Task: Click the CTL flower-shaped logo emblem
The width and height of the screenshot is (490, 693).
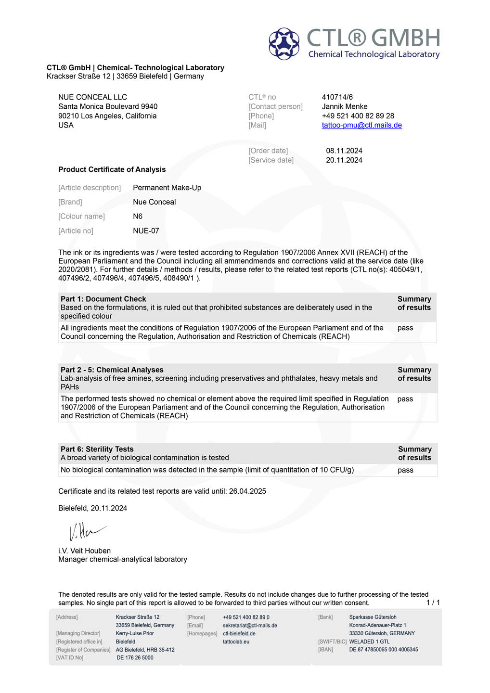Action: (x=284, y=43)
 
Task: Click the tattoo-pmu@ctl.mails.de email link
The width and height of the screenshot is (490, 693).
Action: (x=361, y=125)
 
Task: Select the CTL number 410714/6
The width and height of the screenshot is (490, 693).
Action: (x=337, y=97)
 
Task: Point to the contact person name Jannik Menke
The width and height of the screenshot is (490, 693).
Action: (x=344, y=106)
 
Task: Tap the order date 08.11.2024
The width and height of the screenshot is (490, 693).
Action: (x=344, y=151)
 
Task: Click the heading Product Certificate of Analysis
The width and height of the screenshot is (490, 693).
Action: (x=112, y=169)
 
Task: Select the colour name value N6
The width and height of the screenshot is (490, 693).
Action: (x=138, y=217)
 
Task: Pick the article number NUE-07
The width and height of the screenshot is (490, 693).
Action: (x=146, y=231)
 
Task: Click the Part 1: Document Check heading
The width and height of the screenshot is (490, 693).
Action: (x=103, y=299)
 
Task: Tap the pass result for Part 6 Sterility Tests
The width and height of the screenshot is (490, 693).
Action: (x=405, y=470)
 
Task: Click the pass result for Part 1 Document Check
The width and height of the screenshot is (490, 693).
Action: (x=405, y=328)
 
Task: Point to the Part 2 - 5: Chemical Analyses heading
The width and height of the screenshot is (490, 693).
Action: (x=112, y=370)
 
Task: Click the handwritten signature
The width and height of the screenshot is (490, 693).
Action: (x=87, y=531)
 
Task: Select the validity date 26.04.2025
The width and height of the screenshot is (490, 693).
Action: (x=247, y=491)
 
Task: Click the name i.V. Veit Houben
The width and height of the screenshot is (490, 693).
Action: (x=84, y=551)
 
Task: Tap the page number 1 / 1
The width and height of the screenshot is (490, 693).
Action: (x=433, y=603)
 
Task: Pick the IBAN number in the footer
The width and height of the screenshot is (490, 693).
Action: (x=383, y=650)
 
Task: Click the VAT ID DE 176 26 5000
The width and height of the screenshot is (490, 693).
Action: (x=135, y=658)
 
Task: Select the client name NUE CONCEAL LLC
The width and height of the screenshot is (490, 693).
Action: (x=92, y=97)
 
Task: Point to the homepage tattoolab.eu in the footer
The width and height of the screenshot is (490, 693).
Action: (x=236, y=642)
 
